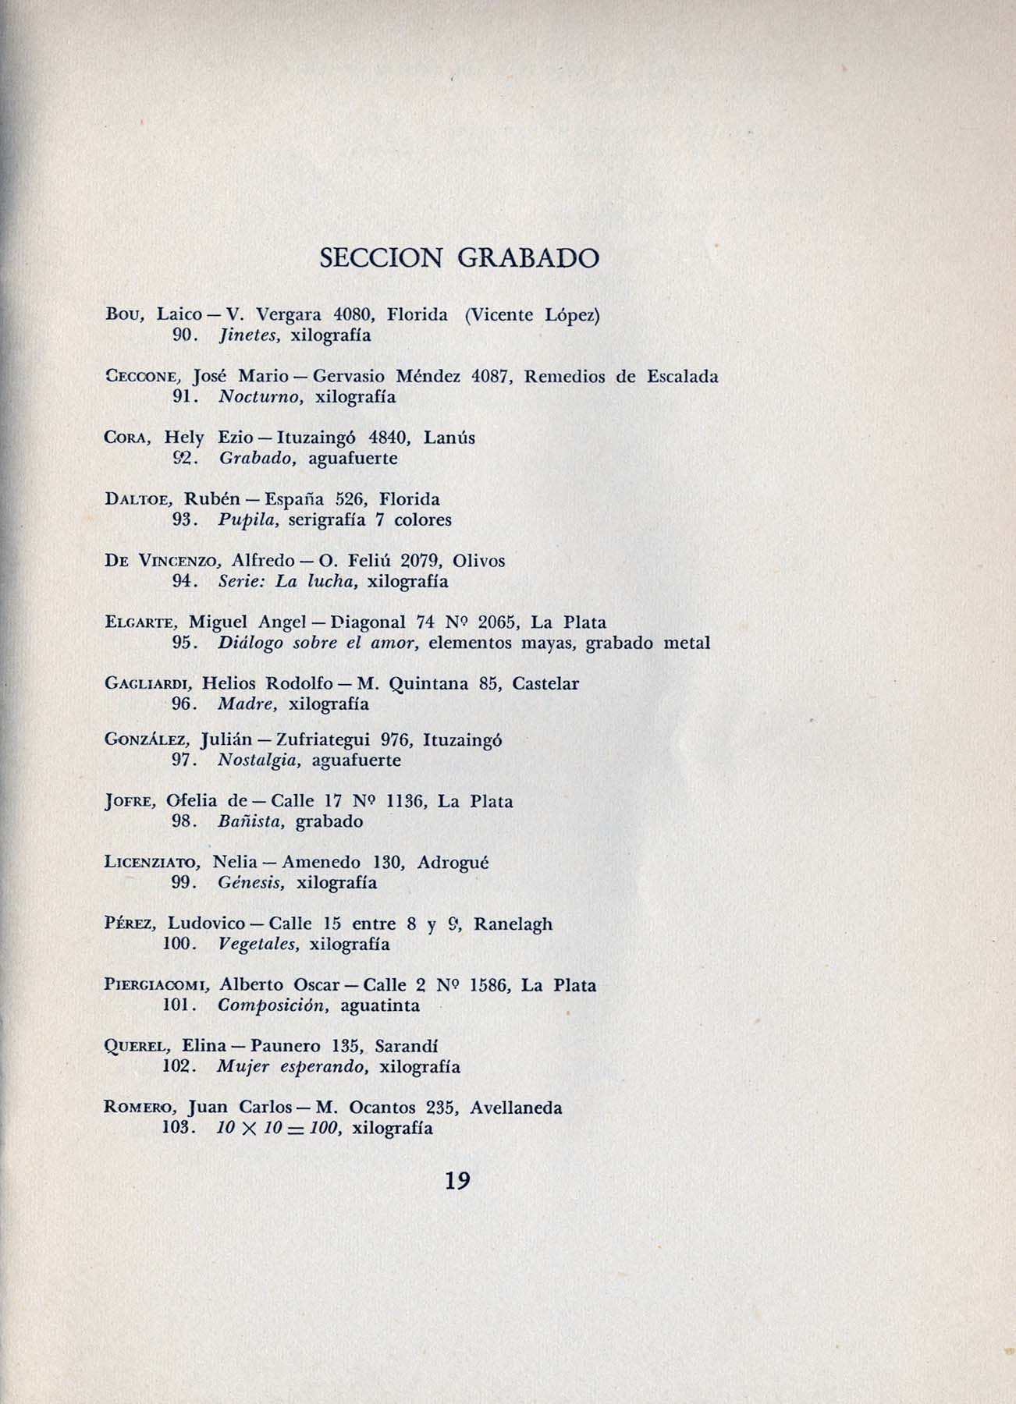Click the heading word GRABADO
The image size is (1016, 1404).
(x=528, y=258)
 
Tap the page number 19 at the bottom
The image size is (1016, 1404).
(x=457, y=1180)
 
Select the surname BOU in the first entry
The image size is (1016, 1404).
(x=122, y=315)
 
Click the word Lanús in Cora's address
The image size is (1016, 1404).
(x=449, y=438)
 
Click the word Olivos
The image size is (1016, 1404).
(x=478, y=561)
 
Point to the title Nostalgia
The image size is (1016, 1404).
(x=259, y=760)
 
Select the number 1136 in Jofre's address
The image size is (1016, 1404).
(x=407, y=801)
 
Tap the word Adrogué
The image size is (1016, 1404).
(x=453, y=863)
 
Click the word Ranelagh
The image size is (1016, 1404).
(x=513, y=924)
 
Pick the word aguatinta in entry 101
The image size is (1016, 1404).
(x=379, y=1005)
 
